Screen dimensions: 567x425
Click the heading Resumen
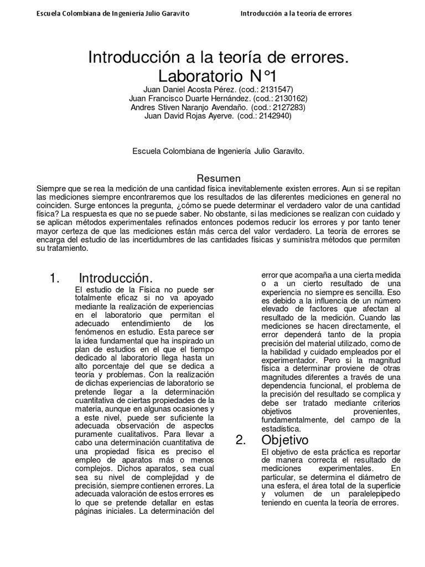point(219,178)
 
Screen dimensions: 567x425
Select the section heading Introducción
point(115,278)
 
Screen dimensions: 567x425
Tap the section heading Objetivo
point(285,440)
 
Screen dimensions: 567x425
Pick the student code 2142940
point(272,116)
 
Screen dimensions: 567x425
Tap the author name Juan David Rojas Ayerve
point(183,116)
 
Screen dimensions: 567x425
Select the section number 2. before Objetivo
point(240,440)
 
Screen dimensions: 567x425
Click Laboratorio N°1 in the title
point(219,74)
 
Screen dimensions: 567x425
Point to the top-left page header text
point(108,13)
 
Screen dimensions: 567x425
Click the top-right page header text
point(296,13)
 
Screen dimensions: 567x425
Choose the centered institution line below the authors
point(219,150)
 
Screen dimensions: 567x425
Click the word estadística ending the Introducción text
point(282,429)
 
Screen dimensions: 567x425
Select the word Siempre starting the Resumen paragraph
point(49,188)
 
